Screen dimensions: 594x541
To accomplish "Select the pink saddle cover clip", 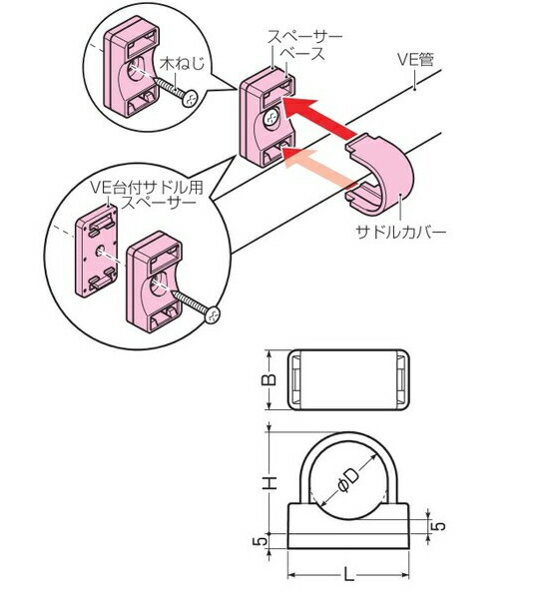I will pyautogui.click(x=380, y=175).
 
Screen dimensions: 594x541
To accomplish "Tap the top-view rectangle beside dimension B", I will pyautogui.click(x=350, y=379).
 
